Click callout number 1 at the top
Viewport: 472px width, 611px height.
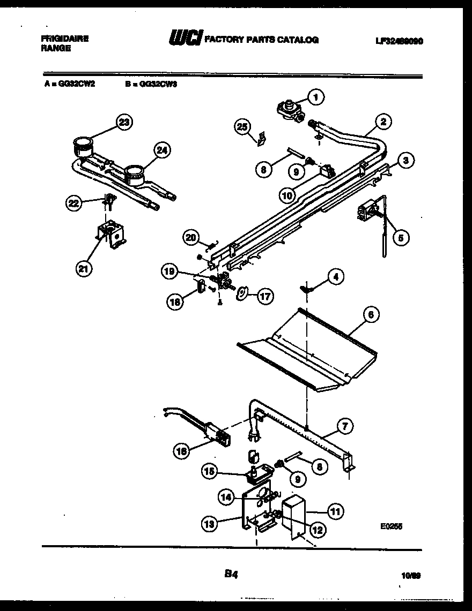[316, 97]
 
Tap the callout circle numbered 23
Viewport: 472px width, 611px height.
[124, 123]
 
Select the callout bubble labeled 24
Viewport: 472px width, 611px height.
[162, 151]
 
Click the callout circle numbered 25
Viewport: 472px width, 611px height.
[242, 126]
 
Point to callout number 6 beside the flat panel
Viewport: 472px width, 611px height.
[370, 315]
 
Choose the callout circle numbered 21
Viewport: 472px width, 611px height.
[84, 269]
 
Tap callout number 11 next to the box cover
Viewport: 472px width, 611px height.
[335, 511]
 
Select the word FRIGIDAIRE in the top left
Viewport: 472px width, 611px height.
[64, 39]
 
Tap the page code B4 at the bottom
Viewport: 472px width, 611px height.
[231, 574]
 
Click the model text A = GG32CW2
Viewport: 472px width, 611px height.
[70, 84]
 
